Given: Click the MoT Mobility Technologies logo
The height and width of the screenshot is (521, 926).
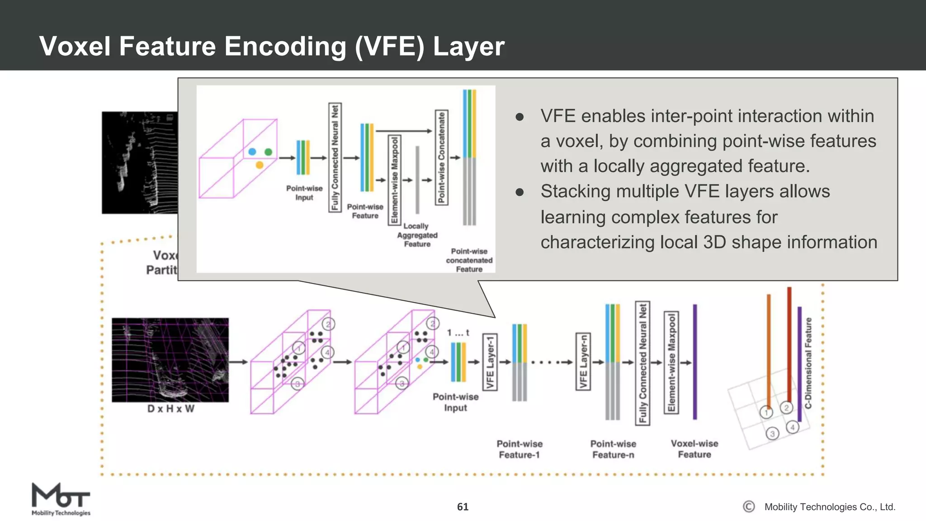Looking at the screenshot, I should (x=61, y=499).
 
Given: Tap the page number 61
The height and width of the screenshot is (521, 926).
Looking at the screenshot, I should (x=463, y=507).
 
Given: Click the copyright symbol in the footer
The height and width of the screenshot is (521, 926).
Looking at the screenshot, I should (x=749, y=507).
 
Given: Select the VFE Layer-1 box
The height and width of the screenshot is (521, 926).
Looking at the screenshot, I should (x=490, y=362).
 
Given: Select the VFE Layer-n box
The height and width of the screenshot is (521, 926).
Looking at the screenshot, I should (x=583, y=362).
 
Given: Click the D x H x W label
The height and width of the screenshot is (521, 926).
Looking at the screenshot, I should (x=170, y=409).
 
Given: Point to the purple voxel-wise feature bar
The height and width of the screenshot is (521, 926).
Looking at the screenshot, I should (x=695, y=362).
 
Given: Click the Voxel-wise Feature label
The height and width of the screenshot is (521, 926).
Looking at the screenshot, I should (x=694, y=449).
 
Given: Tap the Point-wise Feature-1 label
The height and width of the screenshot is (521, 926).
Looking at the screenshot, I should (x=520, y=449).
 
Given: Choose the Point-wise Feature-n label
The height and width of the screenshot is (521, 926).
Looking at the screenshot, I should (x=613, y=449).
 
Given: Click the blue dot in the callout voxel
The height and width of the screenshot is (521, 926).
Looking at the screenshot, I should (x=252, y=152).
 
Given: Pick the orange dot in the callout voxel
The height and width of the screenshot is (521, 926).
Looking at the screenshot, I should (x=260, y=165).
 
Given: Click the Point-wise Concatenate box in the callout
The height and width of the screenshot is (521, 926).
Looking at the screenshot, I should (x=441, y=157).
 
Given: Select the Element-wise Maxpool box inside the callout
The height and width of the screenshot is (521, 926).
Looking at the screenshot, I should (x=395, y=180).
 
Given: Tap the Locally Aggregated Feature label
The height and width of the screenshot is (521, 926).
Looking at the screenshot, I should (x=417, y=235).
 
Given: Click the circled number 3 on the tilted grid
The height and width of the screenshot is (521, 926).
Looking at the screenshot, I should (x=772, y=434).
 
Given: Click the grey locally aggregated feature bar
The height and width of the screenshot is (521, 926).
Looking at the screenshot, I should (x=417, y=180).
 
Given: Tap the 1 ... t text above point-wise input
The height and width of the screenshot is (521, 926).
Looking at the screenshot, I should (x=458, y=333).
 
